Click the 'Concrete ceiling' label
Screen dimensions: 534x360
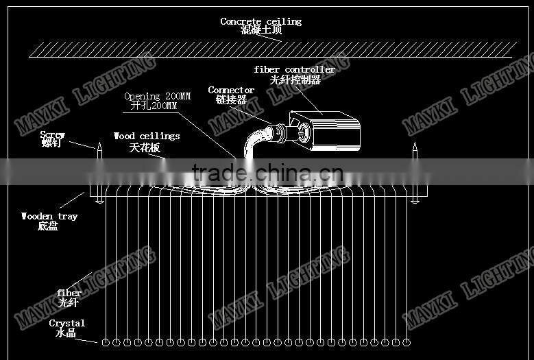[x=260, y=21]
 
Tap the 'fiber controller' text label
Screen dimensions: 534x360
[x=294, y=69]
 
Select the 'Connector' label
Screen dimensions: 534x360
[x=231, y=90]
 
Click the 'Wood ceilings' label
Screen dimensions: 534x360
[x=147, y=136]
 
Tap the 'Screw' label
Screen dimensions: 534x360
[x=52, y=134]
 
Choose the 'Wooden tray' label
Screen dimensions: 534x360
[x=49, y=216]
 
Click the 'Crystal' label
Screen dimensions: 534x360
[x=66, y=323]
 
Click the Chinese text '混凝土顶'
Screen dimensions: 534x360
[x=260, y=31]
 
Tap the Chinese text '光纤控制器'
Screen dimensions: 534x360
[x=295, y=79]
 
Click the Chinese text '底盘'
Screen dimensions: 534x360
[x=48, y=226]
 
